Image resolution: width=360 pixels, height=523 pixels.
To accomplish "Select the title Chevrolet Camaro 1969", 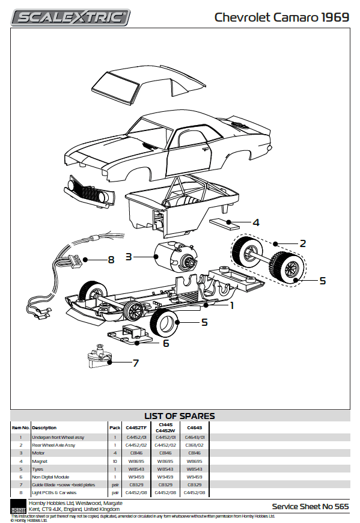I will [281, 17].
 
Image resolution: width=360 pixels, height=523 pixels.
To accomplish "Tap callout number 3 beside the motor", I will [129, 257].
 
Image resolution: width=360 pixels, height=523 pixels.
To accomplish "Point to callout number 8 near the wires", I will [111, 260].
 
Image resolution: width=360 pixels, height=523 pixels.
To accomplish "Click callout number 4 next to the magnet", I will [256, 222].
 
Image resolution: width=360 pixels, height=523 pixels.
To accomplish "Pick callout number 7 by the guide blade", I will [136, 363].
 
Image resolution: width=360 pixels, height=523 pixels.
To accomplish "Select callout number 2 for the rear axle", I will [303, 243].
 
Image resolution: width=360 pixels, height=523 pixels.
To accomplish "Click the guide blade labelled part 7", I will [99, 355].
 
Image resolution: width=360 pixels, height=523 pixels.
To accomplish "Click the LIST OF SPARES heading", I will [180, 416].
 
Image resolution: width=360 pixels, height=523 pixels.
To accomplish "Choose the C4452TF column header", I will [136, 427].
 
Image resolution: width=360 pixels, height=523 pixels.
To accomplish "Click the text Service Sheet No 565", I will [310, 507].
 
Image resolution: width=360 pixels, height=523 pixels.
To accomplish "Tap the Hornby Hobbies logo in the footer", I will [17, 507].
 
